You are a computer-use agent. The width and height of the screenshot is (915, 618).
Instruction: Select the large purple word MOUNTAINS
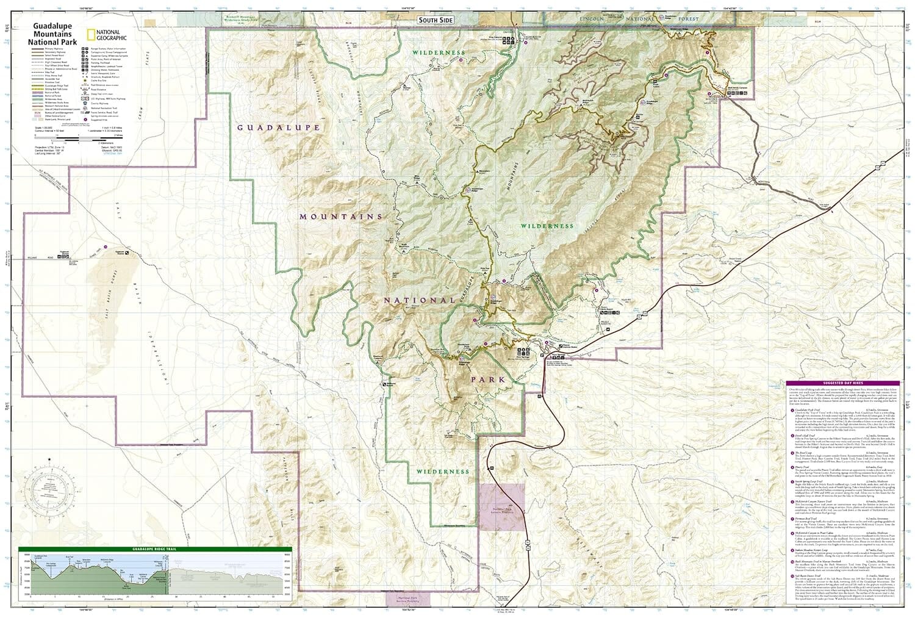tap(341, 216)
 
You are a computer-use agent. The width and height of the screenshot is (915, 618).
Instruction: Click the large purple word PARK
tap(487, 379)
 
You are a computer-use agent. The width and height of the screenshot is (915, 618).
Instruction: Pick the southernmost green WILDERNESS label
tap(444, 472)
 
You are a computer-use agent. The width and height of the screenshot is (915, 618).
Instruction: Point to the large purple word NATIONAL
tap(419, 300)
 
